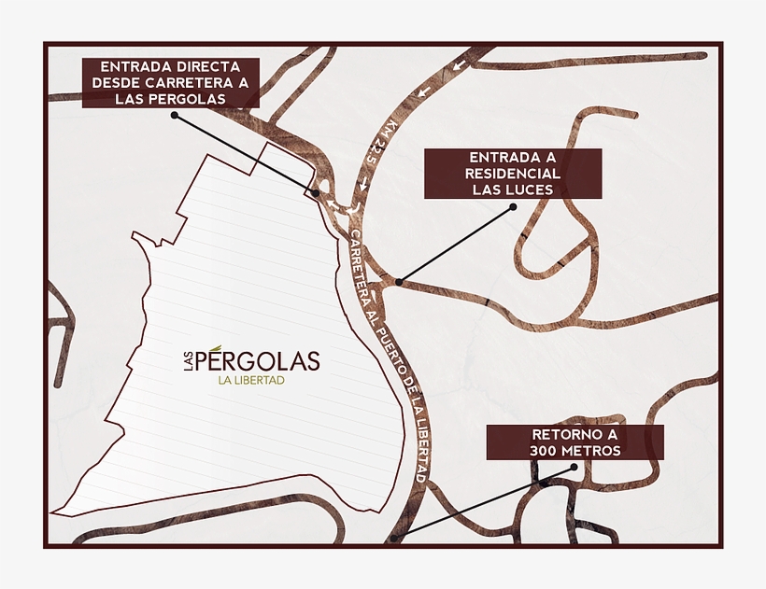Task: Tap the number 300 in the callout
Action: [x=546, y=451]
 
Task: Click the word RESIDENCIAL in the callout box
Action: [x=513, y=174]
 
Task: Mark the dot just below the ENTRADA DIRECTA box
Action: [x=175, y=115]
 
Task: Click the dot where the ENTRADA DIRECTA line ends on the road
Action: [x=316, y=192]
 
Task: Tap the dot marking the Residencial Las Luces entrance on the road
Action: [x=399, y=280]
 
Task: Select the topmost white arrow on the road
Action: [x=457, y=66]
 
